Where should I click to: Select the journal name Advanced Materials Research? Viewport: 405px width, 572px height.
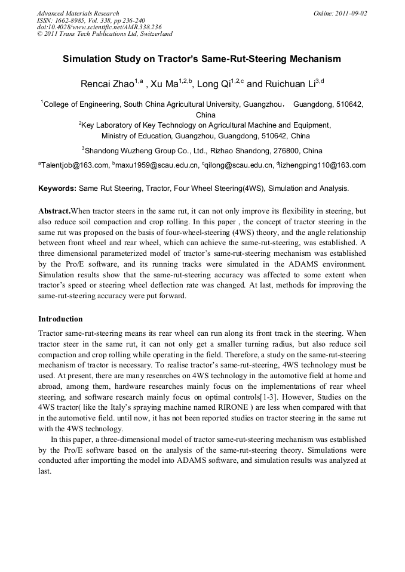coord(78,13)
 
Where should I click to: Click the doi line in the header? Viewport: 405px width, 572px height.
coord(99,27)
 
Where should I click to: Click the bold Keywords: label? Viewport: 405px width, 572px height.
coord(57,188)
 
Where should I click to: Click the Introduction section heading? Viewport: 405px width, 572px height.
coord(60,319)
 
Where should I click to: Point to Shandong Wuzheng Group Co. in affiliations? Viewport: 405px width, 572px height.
coord(138,150)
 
